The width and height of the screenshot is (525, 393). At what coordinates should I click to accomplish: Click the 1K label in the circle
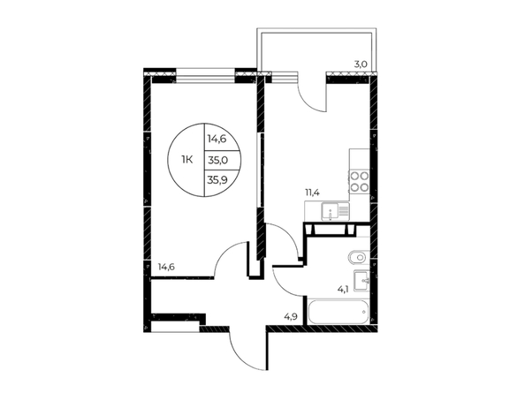pos(187,160)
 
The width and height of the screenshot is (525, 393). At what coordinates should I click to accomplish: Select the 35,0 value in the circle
pos(218,161)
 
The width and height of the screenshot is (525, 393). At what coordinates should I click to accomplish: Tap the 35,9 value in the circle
pos(217,180)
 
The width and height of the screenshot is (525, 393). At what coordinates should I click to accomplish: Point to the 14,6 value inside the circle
pos(217,139)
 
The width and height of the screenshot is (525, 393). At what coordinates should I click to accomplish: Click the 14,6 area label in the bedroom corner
pos(166,267)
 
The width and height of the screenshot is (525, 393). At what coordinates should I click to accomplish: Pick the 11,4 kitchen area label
pos(311,193)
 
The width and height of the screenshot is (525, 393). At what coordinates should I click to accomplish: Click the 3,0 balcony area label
pos(361,64)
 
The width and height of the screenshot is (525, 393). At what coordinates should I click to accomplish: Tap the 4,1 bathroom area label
pos(343,290)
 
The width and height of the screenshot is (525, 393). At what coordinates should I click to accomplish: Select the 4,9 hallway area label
pos(291,316)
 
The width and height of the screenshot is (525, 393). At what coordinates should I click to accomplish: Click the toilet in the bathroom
pos(359,258)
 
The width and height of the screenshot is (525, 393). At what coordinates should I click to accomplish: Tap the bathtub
pos(339,312)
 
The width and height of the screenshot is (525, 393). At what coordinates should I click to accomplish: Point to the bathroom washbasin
pos(361,281)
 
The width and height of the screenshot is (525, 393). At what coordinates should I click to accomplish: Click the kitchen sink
pos(331,211)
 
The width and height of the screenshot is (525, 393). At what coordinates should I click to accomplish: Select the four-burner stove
pos(359,181)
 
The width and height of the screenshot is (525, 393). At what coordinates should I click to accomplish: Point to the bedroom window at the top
pos(205,76)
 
